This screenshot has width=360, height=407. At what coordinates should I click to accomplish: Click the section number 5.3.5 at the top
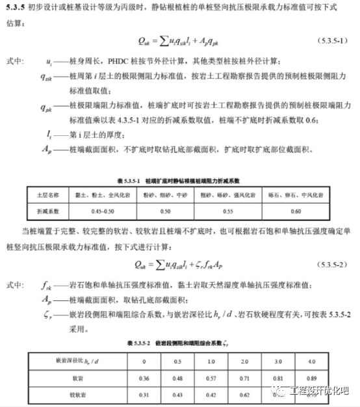(14, 9)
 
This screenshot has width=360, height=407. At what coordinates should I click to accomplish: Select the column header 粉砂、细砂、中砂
(166, 194)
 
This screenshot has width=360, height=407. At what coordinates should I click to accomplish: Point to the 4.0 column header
(311, 360)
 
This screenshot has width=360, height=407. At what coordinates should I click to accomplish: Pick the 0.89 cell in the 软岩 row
(311, 377)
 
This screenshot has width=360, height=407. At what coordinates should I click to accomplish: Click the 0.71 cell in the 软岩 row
(244, 377)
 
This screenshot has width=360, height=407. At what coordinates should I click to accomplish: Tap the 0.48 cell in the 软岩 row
(177, 377)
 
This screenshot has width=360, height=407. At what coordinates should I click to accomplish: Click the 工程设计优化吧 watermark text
(321, 391)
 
